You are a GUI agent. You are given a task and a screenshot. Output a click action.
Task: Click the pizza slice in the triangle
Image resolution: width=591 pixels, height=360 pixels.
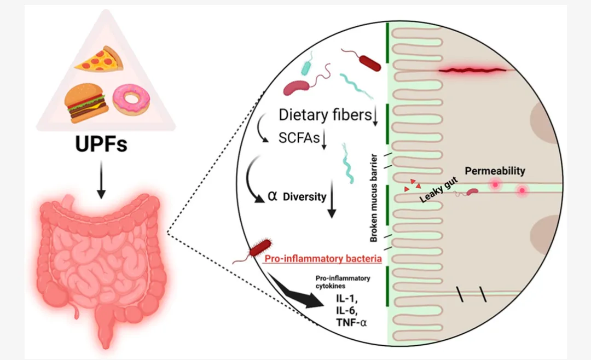[100, 59]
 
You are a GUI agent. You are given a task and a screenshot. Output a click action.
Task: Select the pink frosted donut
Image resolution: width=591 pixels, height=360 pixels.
[131, 99]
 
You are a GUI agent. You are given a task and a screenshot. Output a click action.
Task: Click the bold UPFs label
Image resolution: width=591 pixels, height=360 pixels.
[101, 144]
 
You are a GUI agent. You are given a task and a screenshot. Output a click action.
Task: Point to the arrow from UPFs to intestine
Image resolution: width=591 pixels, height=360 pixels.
[101, 179]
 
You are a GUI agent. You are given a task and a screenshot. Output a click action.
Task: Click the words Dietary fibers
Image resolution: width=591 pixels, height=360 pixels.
[325, 114]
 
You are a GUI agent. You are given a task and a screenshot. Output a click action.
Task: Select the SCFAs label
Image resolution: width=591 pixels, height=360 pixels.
[299, 138]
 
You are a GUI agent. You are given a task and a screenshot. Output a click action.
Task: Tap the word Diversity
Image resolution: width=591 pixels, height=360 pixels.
[305, 197]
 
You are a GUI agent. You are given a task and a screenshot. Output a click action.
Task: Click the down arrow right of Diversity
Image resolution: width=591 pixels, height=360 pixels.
[332, 199]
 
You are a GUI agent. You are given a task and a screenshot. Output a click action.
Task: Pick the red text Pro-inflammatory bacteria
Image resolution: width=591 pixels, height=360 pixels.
[323, 259]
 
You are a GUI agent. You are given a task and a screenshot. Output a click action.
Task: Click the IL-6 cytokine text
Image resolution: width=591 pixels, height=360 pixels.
[347, 311]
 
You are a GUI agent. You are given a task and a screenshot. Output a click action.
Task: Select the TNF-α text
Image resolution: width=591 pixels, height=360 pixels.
[351, 322]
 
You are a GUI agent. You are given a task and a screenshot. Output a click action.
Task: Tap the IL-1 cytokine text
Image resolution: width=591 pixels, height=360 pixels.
[347, 299]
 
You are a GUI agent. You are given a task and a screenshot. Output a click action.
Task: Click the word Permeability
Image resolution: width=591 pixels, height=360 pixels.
[495, 171]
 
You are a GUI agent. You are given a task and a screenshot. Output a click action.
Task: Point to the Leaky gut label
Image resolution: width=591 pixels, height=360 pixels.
[438, 190]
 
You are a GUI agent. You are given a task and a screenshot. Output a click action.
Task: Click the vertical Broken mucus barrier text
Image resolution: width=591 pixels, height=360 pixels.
[374, 198]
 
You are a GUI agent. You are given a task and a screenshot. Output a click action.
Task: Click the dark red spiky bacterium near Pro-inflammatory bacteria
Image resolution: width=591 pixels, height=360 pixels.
[260, 248]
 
